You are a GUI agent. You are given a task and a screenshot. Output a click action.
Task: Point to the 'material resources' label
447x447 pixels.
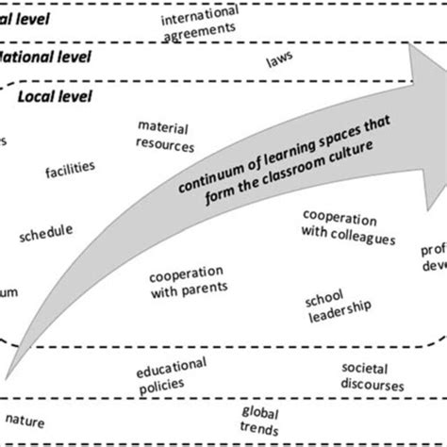coord(165,136)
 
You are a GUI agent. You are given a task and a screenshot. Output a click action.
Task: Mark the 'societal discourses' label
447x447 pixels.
coord(371,376)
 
